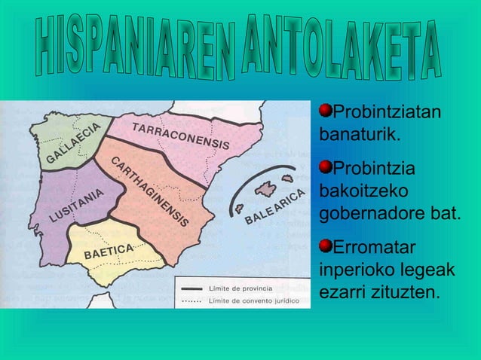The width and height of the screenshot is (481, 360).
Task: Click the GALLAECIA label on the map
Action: pyautogui.click(x=73, y=144)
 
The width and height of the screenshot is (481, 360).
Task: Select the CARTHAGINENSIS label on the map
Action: pyautogui.click(x=151, y=193)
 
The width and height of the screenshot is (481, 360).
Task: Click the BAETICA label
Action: pyautogui.click(x=109, y=251)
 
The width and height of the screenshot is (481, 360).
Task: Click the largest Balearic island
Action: pyautogui.click(x=266, y=188)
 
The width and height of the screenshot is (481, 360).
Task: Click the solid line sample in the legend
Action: pyautogui.click(x=189, y=289)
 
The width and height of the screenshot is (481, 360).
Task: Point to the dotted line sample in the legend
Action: pyautogui.click(x=189, y=301)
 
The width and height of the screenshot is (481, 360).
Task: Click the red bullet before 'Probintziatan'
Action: pyautogui.click(x=326, y=112)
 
